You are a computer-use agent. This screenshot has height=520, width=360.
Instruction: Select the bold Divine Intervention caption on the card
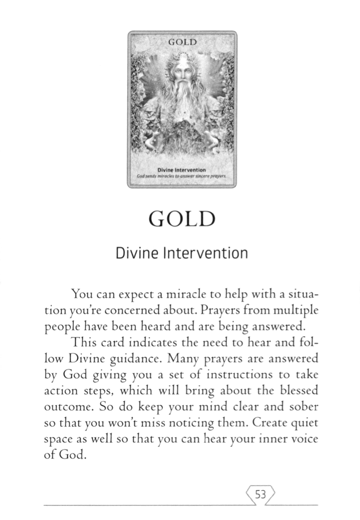point(181,170)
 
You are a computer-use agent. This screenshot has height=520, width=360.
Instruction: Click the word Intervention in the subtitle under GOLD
point(211,254)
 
